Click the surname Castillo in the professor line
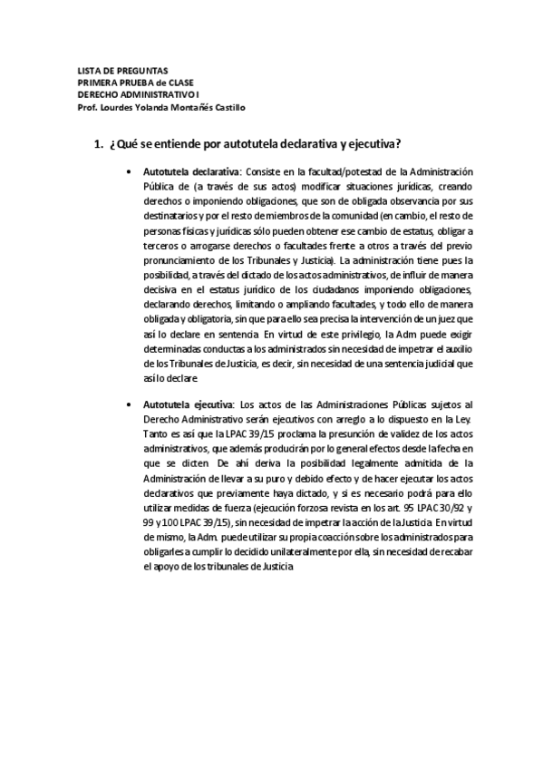225,106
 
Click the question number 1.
98,144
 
